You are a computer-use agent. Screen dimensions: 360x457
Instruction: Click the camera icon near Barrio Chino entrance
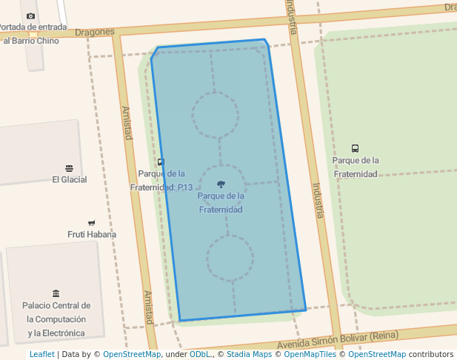30,16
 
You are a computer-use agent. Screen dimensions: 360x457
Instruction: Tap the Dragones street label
95,32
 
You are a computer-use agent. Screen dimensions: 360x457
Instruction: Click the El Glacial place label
70,179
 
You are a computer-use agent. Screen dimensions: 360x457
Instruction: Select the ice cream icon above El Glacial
70,168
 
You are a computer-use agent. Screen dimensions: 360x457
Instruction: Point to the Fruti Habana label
92,234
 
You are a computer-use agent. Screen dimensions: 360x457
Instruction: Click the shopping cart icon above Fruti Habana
92,223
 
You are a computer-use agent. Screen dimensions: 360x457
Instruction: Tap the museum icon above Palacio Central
56,293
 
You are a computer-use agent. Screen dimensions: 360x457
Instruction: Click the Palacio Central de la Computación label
56,319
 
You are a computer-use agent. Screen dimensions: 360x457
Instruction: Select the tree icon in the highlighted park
221,184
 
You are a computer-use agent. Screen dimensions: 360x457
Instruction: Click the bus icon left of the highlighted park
161,162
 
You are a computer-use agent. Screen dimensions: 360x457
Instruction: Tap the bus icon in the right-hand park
356,149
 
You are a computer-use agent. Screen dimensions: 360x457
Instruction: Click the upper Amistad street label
127,123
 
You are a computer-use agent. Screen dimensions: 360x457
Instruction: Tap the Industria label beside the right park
318,201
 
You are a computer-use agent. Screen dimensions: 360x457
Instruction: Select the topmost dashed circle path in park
215,116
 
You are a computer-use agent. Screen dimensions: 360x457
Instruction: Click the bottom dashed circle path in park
230,259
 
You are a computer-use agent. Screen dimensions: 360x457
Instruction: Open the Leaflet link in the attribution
41,354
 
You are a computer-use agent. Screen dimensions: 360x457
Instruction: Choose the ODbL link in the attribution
200,354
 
